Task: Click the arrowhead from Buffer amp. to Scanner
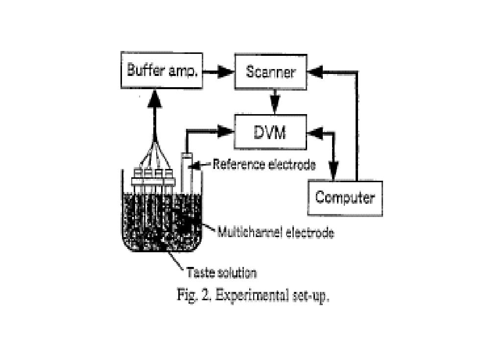pyautogui.click(x=226, y=72)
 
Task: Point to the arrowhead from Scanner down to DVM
pyautogui.click(x=275, y=105)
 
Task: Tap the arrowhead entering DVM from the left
pyautogui.click(x=226, y=131)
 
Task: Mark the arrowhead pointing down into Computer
pyautogui.click(x=333, y=171)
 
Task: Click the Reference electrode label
pyautogui.click(x=264, y=165)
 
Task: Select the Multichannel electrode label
pyautogui.click(x=275, y=233)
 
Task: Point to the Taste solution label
pyautogui.click(x=221, y=272)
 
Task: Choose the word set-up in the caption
pyautogui.click(x=311, y=296)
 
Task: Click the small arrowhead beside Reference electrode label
pyautogui.click(x=194, y=166)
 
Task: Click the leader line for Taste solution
pyautogui.click(x=175, y=261)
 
